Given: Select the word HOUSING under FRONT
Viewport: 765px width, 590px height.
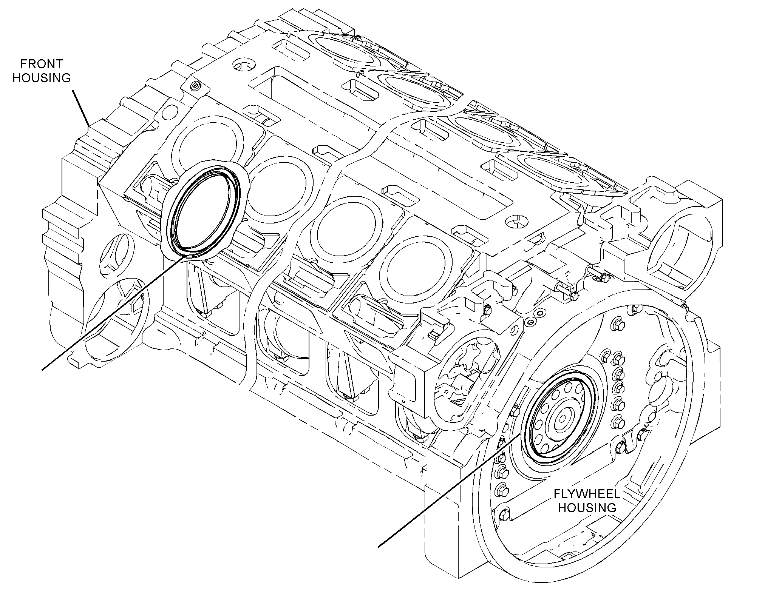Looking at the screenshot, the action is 42,78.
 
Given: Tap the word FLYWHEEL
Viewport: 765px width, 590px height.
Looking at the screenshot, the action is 587,494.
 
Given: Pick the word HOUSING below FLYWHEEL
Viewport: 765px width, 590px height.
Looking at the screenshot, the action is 587,508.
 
